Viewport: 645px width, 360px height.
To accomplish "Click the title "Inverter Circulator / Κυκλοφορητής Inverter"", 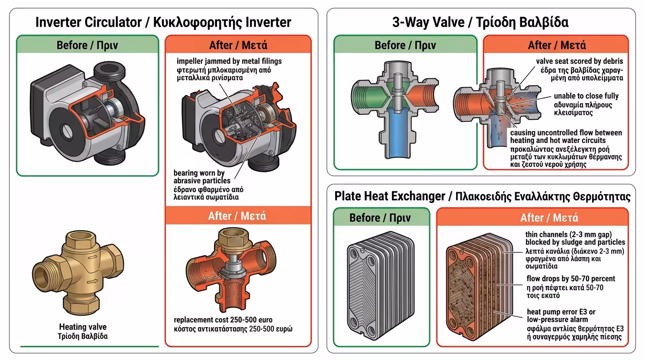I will click(163, 22).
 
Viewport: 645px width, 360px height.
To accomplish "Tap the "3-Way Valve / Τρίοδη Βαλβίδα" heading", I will click(480, 22).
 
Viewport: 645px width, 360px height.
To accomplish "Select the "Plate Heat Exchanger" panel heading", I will click(390, 196).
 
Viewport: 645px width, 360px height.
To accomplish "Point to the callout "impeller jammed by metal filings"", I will click(229, 61).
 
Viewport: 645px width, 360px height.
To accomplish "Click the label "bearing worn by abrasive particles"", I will click(202, 177).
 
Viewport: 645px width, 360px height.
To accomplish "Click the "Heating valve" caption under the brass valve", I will click(82, 327).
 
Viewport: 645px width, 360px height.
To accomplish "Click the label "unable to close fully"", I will click(586, 96).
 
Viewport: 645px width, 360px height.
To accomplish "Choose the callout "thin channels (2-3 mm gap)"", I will click(569, 234).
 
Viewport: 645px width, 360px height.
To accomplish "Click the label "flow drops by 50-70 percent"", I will click(571, 279).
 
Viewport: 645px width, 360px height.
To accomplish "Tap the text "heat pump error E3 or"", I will click(561, 312).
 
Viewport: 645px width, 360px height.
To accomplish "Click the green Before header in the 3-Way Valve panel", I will click(405, 45).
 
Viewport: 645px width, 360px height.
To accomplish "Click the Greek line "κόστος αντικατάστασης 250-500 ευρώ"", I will click(233, 329).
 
